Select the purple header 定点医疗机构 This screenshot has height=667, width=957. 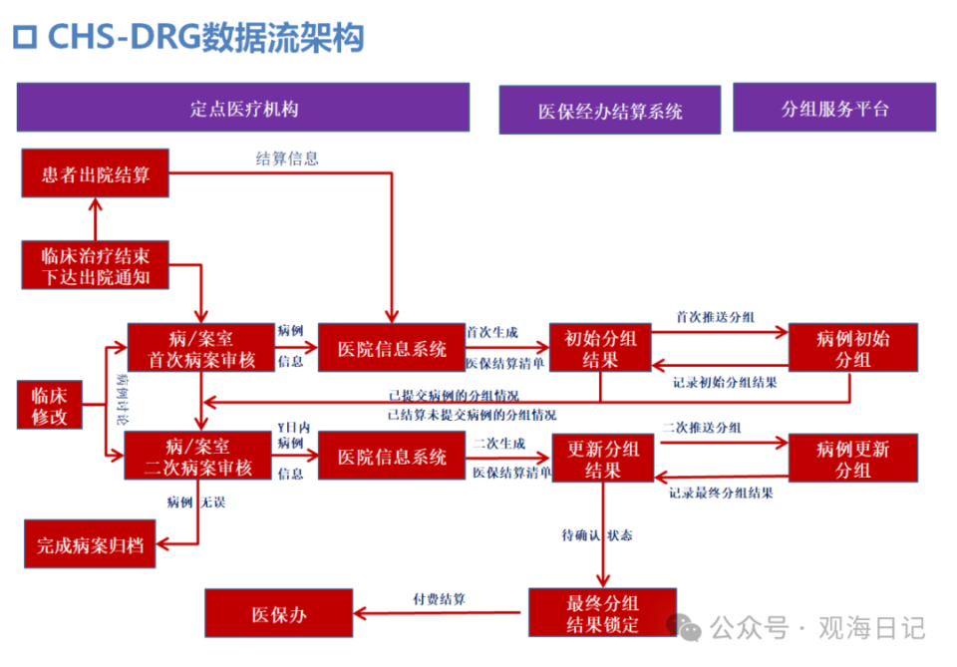coord(242,108)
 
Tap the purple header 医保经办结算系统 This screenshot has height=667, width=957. coord(609,110)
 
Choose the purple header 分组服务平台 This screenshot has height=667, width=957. coord(834,108)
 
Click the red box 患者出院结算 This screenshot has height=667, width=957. coord(96,173)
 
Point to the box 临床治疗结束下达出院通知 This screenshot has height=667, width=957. coord(96,265)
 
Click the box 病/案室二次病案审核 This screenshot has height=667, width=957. coord(198,456)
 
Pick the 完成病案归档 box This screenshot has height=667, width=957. coord(90,544)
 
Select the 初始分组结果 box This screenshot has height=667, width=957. coord(601,347)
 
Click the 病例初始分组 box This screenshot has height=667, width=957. coord(852,348)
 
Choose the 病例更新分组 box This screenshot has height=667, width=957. coord(852,458)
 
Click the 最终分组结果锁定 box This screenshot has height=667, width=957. coord(602,612)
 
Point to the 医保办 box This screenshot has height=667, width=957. coord(278,613)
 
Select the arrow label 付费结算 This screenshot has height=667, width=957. coord(440,599)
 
